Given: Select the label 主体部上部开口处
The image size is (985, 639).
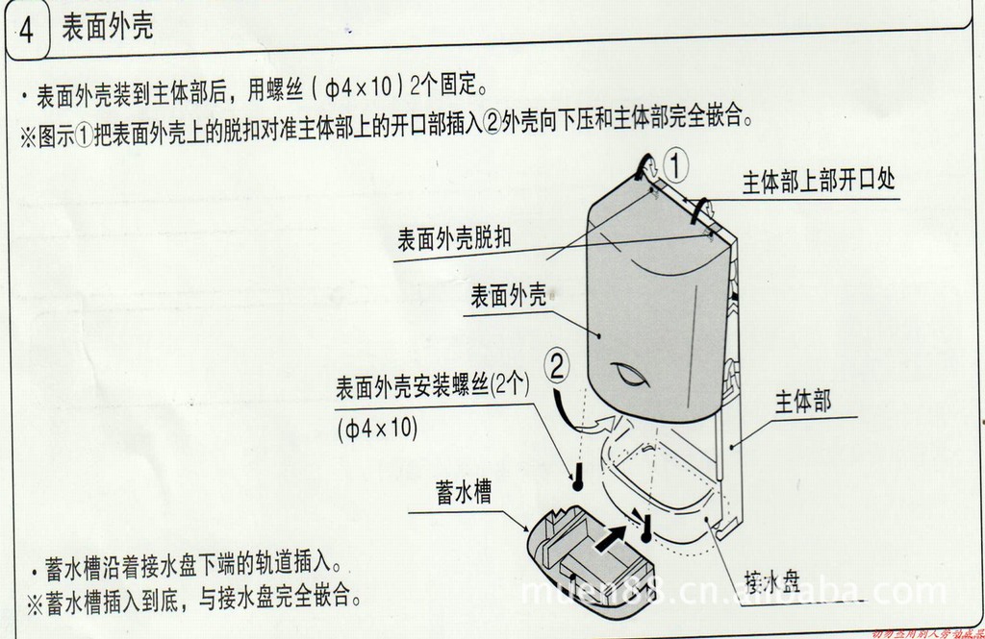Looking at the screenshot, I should (x=819, y=182).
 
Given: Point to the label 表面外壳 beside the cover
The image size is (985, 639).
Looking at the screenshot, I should (x=508, y=295).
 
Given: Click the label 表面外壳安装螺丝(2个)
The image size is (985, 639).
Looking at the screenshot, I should (x=433, y=389).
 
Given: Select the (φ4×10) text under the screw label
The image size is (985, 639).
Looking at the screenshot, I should (x=378, y=428).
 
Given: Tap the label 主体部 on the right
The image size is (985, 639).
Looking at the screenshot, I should (x=803, y=401).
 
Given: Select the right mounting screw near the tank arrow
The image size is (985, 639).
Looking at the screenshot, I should (x=647, y=527).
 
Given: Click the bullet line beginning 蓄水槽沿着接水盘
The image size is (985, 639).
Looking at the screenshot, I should (x=192, y=566).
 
